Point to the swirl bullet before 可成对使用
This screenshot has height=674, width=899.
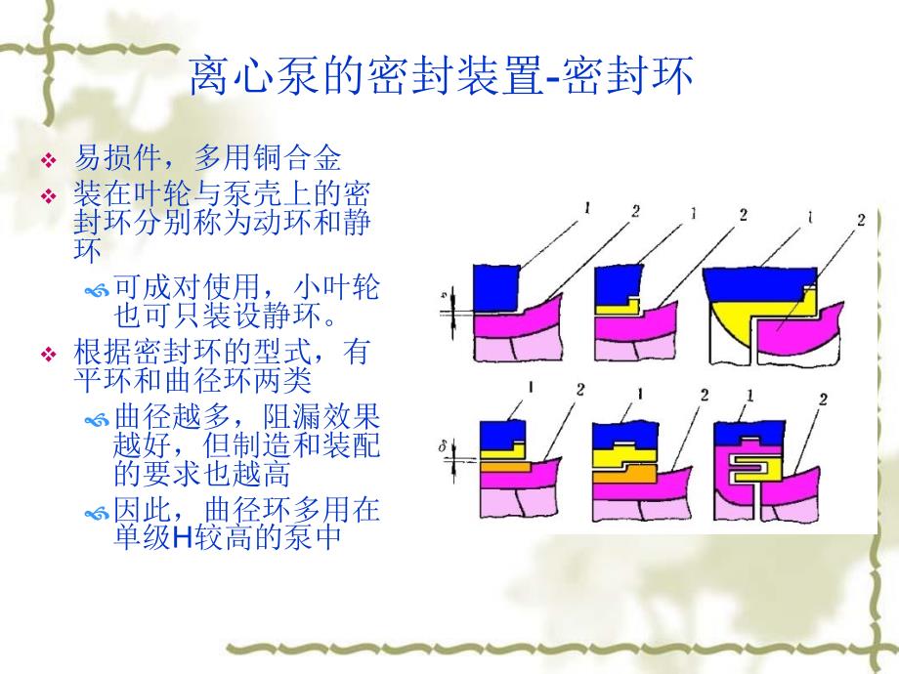coord(97,291)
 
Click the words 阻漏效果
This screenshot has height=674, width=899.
coord(321,417)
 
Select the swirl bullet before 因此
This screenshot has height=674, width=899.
coord(97,514)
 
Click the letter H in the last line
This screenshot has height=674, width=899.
coord(181,537)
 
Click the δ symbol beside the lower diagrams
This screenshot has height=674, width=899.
coord(442,446)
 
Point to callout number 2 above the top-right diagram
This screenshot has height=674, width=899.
coord(861,220)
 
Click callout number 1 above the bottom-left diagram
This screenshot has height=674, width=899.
coord(531,388)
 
